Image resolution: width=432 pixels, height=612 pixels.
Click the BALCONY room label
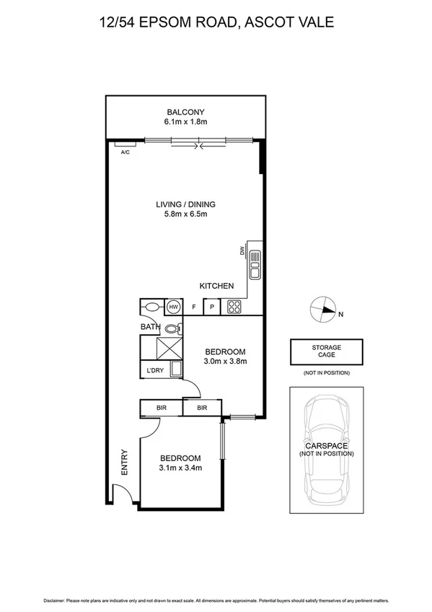point(186,112)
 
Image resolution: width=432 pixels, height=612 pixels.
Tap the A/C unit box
point(125,152)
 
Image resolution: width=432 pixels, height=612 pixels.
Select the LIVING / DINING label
point(185,204)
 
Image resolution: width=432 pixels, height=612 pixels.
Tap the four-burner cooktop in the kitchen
point(234,307)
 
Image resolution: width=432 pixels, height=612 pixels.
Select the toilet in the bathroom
point(171,329)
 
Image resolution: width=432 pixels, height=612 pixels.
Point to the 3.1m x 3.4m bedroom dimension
point(180,468)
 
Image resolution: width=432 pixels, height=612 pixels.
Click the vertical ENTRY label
point(125,462)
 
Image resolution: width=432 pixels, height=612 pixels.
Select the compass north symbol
point(325,309)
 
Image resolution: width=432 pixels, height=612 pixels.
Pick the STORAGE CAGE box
point(326,351)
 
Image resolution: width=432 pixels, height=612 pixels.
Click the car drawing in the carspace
point(326,450)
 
